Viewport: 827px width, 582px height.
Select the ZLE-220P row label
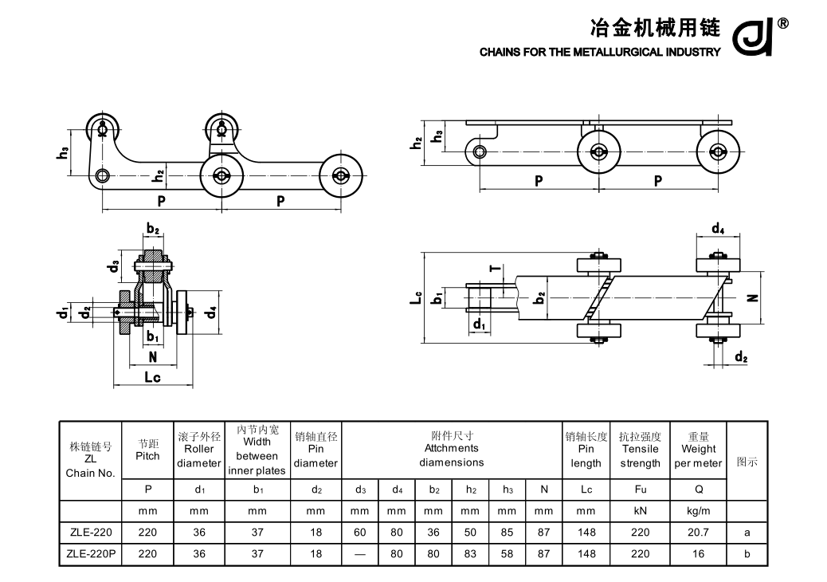(90, 554)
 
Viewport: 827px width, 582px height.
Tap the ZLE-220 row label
(90, 532)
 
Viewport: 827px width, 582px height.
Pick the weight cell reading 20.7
(698, 532)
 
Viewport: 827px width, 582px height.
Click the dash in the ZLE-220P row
(359, 554)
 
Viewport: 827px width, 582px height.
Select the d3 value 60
(359, 532)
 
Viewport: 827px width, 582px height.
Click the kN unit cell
(640, 510)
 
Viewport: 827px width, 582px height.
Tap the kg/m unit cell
(698, 510)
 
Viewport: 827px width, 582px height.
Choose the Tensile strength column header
(640, 450)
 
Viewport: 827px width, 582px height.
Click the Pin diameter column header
(316, 450)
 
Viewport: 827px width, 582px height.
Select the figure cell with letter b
(747, 554)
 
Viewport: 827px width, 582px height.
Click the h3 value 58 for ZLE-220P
(507, 554)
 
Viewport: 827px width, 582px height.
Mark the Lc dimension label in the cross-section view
(152, 378)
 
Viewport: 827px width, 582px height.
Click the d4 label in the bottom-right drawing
(717, 230)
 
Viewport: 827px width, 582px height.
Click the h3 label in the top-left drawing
(63, 151)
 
